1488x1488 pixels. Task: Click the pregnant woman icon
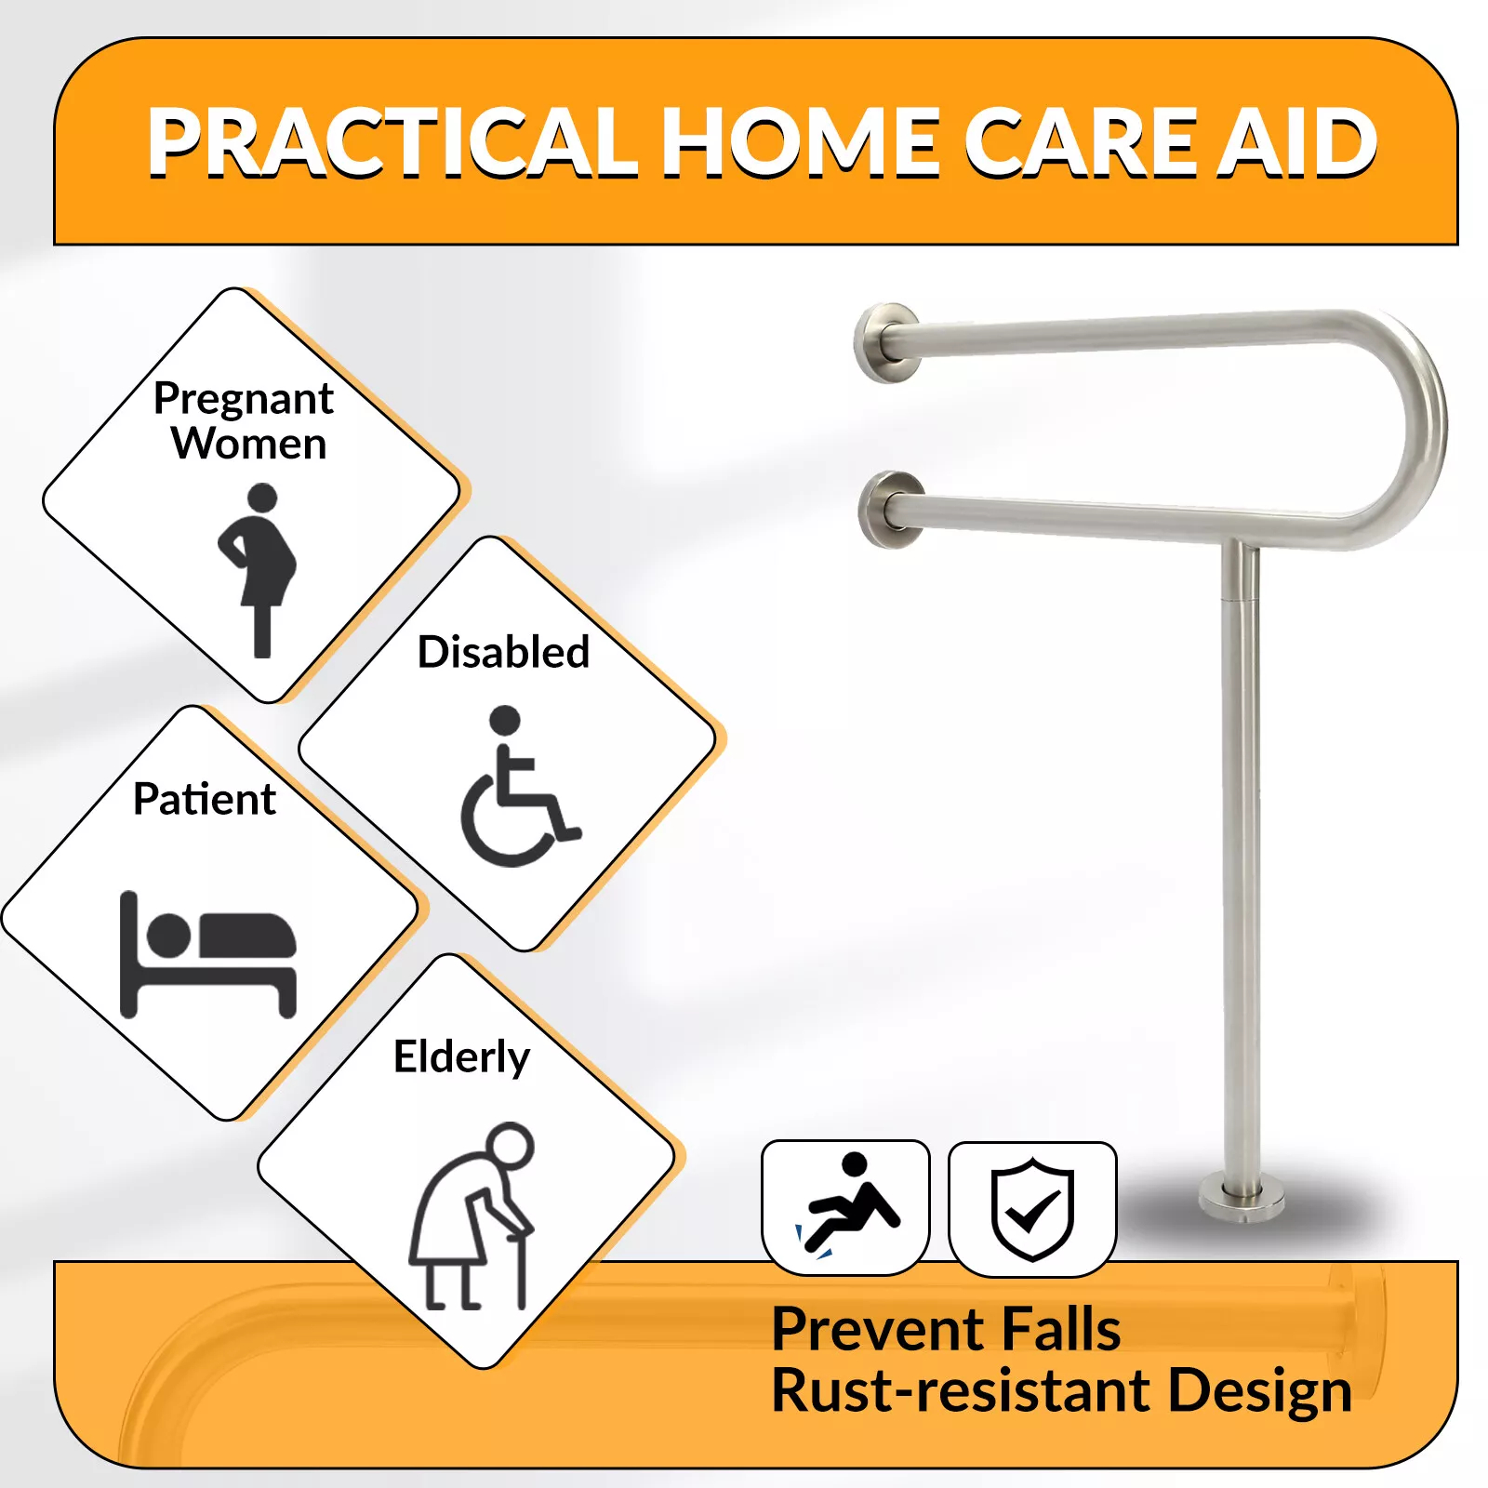pos(258,570)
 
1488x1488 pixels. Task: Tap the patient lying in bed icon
pos(208,954)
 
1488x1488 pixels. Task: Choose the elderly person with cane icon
pos(472,1216)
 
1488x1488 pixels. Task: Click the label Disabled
pos(503,652)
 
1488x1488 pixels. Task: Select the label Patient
pos(205,799)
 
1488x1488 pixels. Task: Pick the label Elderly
pos(461,1057)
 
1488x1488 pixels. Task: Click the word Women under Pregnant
pos(249,444)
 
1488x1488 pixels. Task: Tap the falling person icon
pos(846,1205)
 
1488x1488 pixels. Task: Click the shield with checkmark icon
pos(1032,1209)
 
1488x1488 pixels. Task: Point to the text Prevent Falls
pos(947,1329)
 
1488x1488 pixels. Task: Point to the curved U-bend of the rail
pos(1428,428)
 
